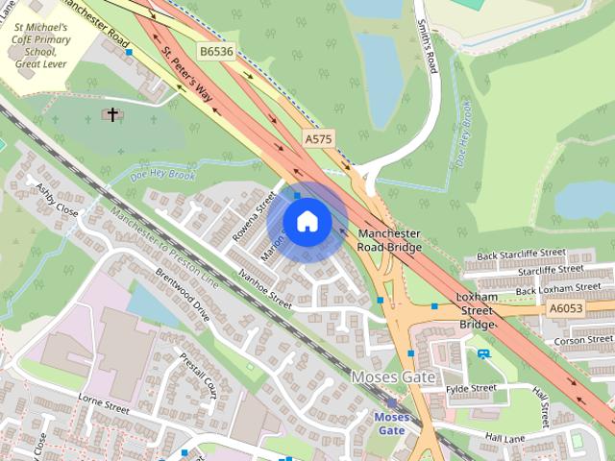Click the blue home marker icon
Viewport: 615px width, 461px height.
coord(307,222)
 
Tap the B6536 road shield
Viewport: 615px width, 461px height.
coord(216,50)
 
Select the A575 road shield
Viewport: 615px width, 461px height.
coord(318,139)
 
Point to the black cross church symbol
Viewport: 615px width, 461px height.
coord(112,115)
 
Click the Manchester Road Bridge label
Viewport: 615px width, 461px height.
coord(389,240)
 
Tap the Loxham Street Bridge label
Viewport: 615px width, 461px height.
coord(477,311)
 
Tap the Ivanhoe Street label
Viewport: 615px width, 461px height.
coord(265,287)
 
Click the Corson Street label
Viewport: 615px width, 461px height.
coord(583,340)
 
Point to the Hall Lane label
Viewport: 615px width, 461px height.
coord(505,437)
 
